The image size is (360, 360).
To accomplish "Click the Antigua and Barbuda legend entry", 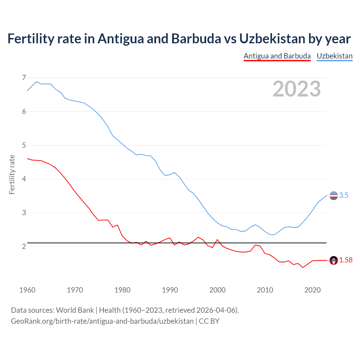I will pos(277,56).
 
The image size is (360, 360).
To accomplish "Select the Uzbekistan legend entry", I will pos(334,56).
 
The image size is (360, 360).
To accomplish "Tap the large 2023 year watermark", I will pos(296,89).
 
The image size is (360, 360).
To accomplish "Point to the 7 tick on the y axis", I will pos(24,78).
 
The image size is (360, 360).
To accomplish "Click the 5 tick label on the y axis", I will pos(24,145).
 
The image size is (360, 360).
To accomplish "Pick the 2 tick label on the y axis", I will pos(24,246).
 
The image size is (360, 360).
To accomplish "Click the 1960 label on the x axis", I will pos(27,290).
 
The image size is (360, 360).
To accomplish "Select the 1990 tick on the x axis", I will pos(170,290).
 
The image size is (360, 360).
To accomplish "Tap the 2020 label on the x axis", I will pos(312,290).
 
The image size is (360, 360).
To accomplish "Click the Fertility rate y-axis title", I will pos(12,174).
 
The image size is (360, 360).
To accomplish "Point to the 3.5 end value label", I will pos(344,195).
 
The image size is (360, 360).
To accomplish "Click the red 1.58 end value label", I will pos(346,260).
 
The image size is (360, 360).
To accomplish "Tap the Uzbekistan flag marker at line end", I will pos(334,195).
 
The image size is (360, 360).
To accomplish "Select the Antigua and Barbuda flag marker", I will pos(334,260).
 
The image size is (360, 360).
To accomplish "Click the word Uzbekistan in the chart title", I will pos(272,39).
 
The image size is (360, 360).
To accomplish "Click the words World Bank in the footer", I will pos(75,310).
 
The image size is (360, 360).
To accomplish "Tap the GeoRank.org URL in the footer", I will pos(102,321).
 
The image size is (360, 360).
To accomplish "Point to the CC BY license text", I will pos(209,321).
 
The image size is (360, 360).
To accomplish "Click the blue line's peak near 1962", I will pos(37,82).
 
